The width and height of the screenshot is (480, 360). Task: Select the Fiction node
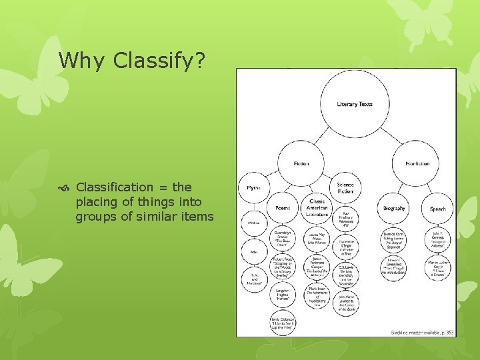(301, 163)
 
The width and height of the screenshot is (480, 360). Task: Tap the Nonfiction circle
(417, 163)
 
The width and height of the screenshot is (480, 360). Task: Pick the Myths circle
(253, 188)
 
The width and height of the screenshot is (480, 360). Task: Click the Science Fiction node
(345, 187)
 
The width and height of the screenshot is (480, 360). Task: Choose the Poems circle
(283, 208)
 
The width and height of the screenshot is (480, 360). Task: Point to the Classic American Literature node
(317, 207)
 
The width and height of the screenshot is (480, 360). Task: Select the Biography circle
(394, 208)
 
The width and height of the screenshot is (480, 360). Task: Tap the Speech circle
(438, 208)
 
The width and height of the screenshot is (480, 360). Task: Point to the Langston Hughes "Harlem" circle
(283, 295)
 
